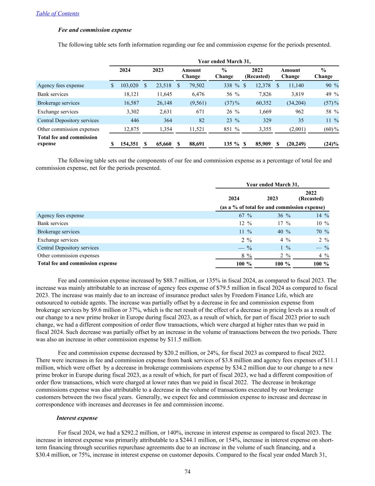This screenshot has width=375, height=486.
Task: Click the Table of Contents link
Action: point(58,14)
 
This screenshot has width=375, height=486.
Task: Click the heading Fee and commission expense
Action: point(95,30)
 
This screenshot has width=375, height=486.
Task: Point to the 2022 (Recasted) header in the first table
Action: point(257,73)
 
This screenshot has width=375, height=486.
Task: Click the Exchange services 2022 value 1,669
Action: point(264,112)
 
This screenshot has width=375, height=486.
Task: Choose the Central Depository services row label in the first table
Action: point(68,120)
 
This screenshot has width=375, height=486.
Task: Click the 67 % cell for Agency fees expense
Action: point(245,215)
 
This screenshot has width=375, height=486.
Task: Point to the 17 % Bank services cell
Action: point(284,224)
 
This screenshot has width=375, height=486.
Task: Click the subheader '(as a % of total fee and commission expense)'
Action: point(272,207)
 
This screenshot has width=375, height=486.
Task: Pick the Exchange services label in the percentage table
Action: point(58,240)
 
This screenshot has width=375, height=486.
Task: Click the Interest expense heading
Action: point(77,418)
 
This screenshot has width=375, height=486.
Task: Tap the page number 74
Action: point(188,472)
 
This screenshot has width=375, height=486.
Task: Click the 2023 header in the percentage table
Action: point(272,199)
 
